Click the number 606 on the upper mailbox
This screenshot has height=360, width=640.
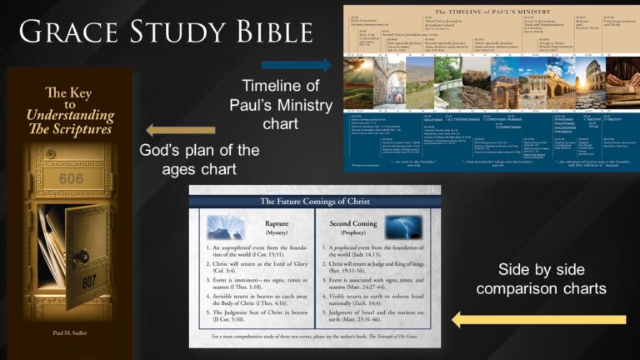click(x=72, y=178)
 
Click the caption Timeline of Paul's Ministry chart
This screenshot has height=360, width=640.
click(x=281, y=105)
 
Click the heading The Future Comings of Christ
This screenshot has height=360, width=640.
click(x=314, y=201)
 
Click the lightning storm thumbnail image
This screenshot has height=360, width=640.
click(x=403, y=227)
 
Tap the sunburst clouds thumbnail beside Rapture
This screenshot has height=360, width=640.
click(x=226, y=227)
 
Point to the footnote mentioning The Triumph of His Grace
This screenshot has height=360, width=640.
click(x=314, y=337)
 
